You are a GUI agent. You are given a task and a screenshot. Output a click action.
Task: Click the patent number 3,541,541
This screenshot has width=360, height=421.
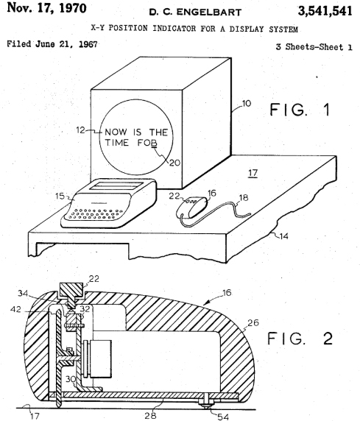[x=325, y=11]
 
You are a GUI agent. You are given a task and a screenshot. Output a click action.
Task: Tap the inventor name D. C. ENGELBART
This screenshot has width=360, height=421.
[x=195, y=12]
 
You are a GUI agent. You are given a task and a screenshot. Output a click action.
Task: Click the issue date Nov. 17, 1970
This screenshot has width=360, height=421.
[x=46, y=8]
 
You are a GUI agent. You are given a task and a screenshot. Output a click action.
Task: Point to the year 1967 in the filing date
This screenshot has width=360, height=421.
[x=88, y=44]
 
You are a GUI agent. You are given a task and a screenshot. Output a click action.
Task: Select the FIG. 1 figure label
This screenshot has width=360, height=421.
[x=300, y=110]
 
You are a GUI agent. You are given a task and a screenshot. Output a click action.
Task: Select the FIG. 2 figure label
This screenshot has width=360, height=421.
[x=300, y=339]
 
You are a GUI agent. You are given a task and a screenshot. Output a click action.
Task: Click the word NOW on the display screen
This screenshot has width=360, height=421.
[x=116, y=132]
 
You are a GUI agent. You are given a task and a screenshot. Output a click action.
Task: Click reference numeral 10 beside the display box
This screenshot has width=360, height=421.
[x=247, y=103]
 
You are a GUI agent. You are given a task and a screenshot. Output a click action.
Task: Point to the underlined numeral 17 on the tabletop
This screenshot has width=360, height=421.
[x=253, y=173]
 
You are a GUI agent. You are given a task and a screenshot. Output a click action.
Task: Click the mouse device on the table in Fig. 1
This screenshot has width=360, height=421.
[x=192, y=208]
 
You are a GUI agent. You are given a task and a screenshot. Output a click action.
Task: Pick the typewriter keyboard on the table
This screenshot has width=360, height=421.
[x=108, y=203]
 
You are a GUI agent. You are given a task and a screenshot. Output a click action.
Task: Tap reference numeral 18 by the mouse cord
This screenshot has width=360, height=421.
[x=244, y=198]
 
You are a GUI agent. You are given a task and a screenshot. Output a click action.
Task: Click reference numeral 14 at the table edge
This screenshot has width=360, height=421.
[x=283, y=236]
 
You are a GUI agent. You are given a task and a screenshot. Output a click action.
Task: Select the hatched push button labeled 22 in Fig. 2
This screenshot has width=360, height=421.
[x=71, y=293]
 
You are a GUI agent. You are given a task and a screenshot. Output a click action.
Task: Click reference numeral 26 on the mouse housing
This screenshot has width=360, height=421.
[x=253, y=322]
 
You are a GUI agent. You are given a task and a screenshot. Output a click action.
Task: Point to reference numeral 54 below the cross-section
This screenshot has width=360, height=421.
[x=223, y=417]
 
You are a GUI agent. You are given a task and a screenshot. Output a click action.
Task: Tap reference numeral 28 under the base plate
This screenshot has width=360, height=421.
[x=150, y=416]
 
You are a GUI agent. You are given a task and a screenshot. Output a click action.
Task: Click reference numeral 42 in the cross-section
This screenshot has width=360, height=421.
[x=15, y=309]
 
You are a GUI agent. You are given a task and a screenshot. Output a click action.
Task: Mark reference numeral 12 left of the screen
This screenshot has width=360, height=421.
[x=80, y=130]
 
